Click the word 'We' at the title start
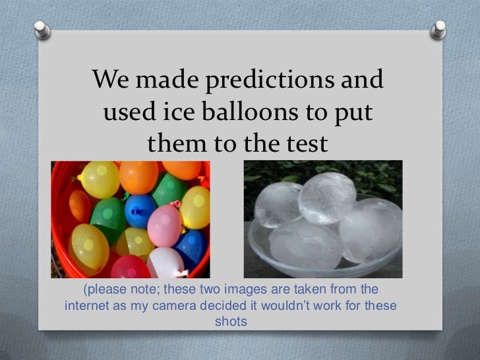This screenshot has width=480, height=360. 113,82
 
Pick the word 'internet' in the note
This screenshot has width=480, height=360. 90,307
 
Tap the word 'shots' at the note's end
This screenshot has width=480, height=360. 231,322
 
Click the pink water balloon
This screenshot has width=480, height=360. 164,225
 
